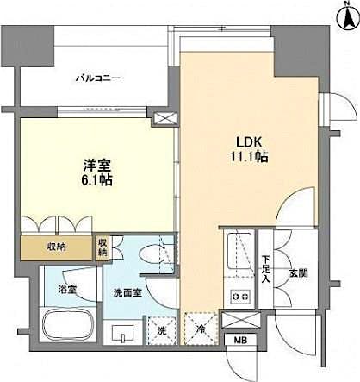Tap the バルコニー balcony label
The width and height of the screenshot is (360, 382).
coord(96,79)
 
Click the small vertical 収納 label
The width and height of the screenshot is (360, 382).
coord(102,247)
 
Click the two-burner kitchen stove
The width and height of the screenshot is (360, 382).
coord(239,298)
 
